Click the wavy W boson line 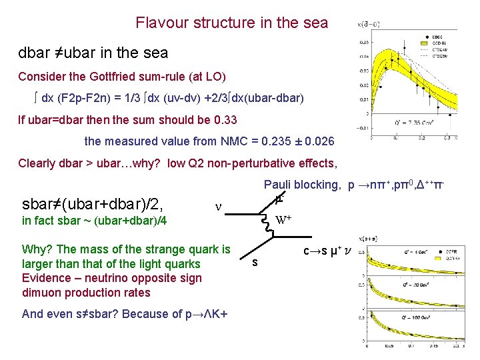coord(269,225)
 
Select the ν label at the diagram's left coord(219,207)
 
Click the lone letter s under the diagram coord(254,263)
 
